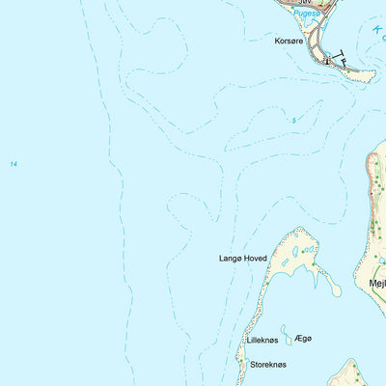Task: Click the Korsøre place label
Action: point(289,42)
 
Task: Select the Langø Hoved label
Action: point(241,259)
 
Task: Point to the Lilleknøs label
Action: point(262,341)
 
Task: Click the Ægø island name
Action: point(304,338)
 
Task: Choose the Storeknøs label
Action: point(267,365)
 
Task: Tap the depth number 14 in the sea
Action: point(14,165)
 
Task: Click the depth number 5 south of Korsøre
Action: point(293,120)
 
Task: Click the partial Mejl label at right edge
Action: point(376,284)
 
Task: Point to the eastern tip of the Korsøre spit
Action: point(371,73)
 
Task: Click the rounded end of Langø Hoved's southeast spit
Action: point(335,289)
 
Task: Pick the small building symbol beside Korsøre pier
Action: point(328,61)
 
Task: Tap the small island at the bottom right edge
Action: point(346,373)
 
